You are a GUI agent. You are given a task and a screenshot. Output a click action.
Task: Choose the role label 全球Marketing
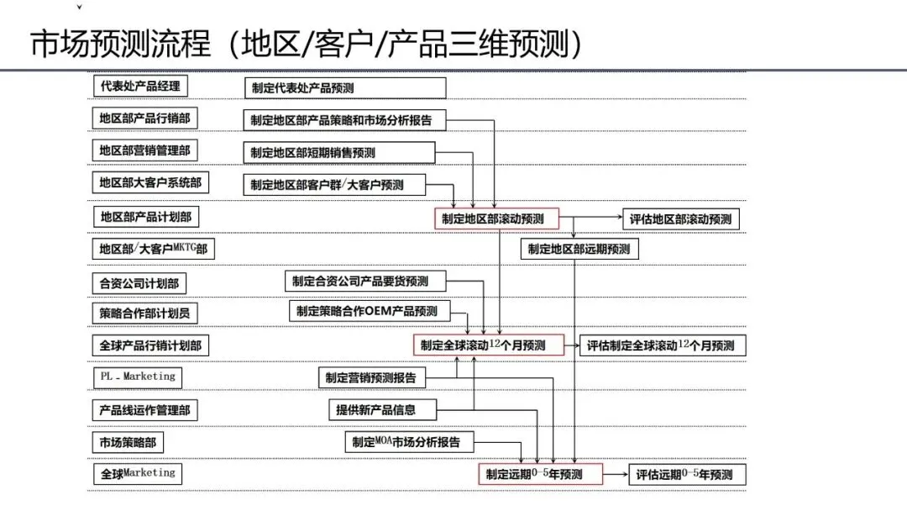(x=136, y=474)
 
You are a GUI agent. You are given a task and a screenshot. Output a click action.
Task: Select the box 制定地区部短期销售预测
(x=339, y=152)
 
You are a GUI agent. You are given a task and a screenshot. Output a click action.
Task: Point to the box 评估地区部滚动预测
(x=681, y=219)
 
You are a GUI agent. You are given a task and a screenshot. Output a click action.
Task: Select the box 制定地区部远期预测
(x=579, y=249)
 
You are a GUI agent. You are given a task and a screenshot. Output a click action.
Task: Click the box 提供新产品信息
(x=383, y=410)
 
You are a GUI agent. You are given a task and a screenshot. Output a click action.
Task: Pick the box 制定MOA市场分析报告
(x=409, y=442)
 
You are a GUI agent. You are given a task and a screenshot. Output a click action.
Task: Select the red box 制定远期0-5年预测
(x=541, y=475)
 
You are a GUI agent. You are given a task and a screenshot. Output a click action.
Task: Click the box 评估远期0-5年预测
(x=684, y=475)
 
